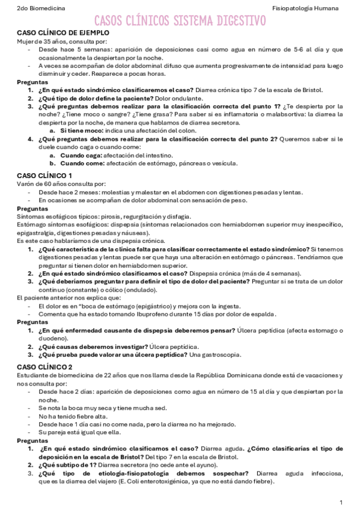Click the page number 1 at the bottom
coord(341,502)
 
